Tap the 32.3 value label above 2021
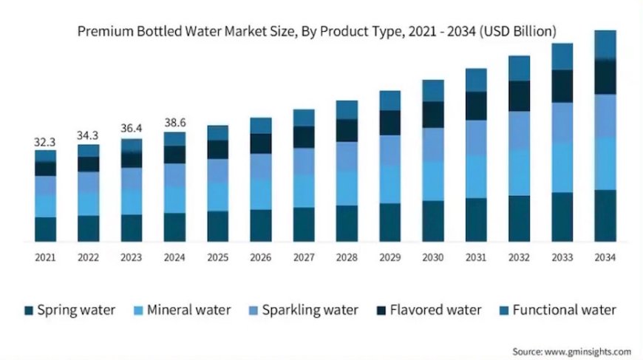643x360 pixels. coord(45,140)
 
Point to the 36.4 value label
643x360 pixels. coord(132,128)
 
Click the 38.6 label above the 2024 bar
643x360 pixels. coord(174,122)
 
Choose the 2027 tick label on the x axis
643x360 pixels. coord(304,257)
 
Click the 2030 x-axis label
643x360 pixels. coord(433,257)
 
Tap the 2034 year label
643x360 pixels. coord(605,257)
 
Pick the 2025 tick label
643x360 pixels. coord(217,257)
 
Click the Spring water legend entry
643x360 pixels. coord(69,310)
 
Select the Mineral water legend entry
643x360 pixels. coord(182,310)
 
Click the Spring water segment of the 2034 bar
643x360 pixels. coord(605,215)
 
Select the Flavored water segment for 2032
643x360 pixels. coord(519,95)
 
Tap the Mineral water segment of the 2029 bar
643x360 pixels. coord(390,184)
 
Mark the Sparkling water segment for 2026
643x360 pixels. coord(261,166)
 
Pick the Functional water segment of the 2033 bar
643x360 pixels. coord(562,56)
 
